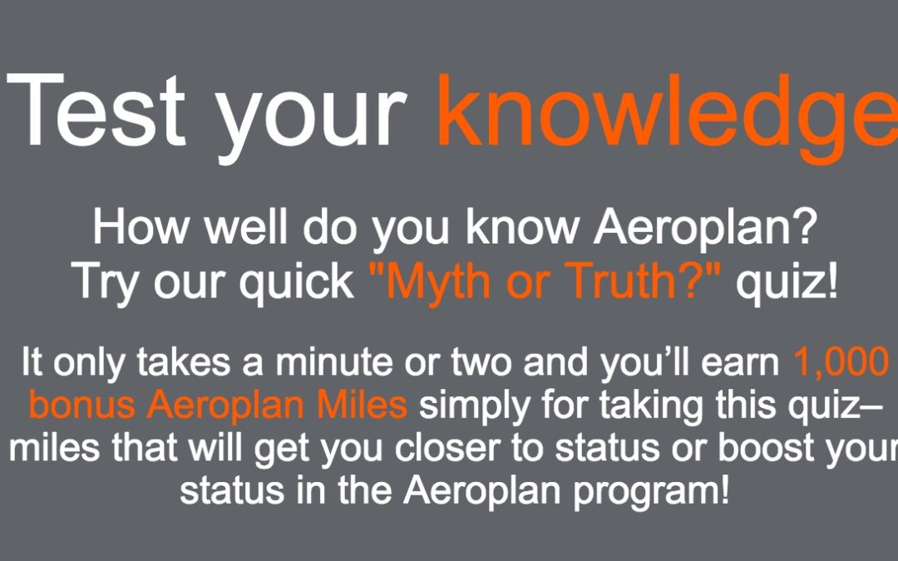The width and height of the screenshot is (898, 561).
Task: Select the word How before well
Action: [x=141, y=227]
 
